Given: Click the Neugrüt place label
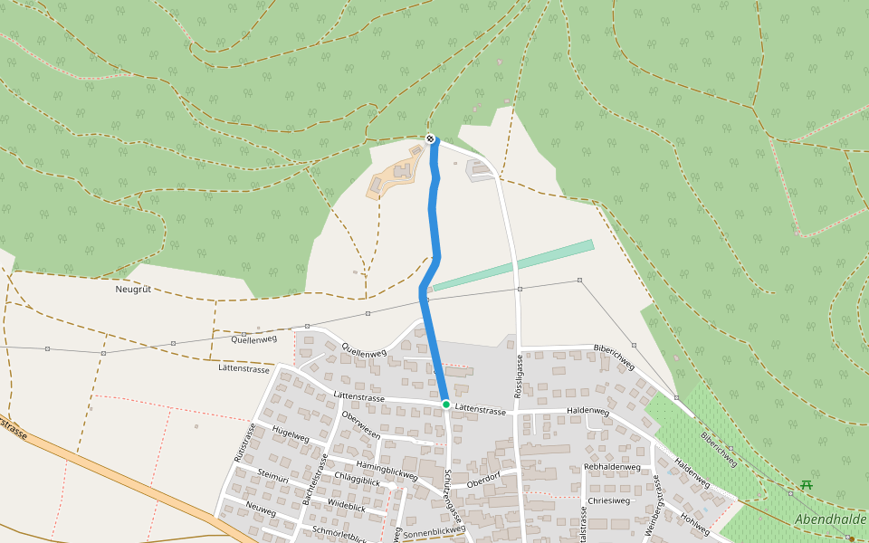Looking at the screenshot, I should coord(133,290).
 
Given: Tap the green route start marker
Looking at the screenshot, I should coord(446,405).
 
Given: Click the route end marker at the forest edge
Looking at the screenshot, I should coord(430,138).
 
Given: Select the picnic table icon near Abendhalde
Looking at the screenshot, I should coord(806,485).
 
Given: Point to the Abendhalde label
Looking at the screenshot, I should coord(831,519).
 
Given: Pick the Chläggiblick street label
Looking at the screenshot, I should coord(358,481).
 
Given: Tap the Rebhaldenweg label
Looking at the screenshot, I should coord(613,467).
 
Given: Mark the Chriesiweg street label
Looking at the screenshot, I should coord(608,500).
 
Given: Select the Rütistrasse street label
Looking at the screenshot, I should coord(241,443).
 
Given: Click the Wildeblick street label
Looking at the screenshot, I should coord(346,508).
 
